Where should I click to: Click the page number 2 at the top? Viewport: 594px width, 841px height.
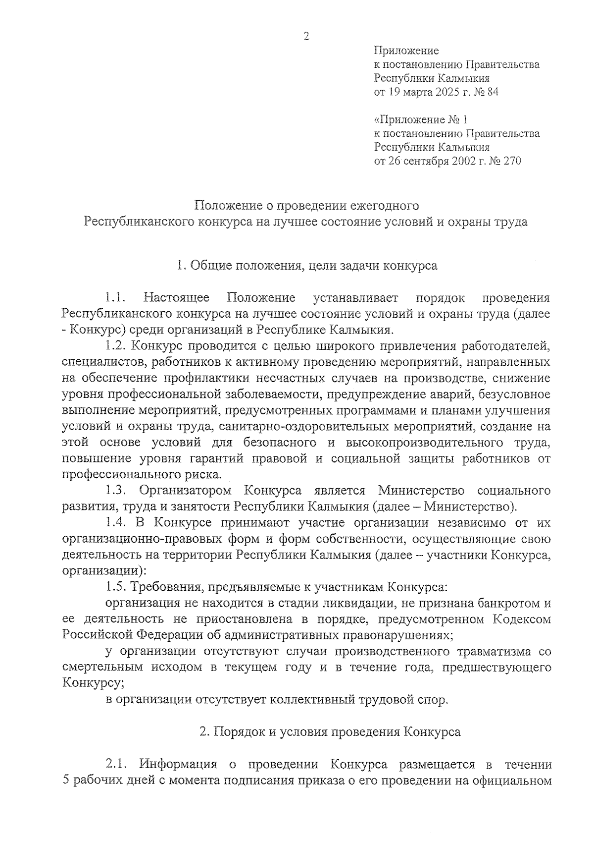[x=306, y=36]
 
